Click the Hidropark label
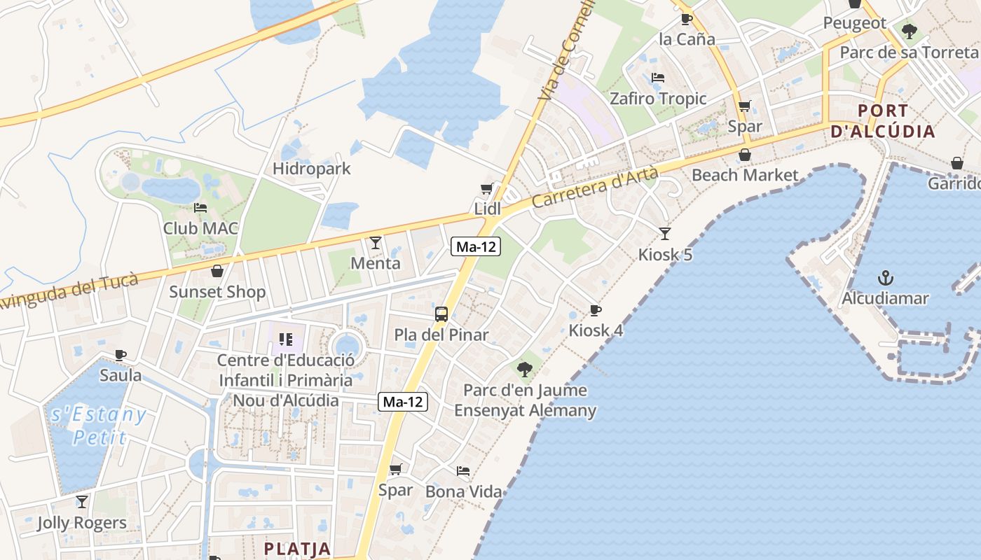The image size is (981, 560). coord(311,169)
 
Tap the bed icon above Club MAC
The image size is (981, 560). coord(200,208)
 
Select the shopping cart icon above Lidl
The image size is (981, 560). coord(486,189)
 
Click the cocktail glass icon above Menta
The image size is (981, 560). coord(376,243)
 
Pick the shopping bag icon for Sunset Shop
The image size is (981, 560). coord(217,271)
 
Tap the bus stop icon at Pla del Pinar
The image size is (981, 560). coord(441,314)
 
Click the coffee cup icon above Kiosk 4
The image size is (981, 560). coord(596,310)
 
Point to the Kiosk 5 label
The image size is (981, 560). coord(665,254)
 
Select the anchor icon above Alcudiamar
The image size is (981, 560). coord(886,277)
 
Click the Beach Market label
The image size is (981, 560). coord(745,175)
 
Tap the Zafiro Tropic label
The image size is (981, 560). coord(658,99)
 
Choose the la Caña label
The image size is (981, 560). coord(687,38)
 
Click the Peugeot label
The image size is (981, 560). coord(854,23)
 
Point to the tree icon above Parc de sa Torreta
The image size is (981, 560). coord(910,31)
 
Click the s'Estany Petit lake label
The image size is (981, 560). coord(99,426)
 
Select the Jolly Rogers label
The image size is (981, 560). coord(82,523)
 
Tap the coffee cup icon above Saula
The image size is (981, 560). coord(121,355)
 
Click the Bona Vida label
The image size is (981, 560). coord(464,491)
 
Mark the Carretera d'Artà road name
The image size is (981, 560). coord(595,185)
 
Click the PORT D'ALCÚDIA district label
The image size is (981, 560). coord(882,121)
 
